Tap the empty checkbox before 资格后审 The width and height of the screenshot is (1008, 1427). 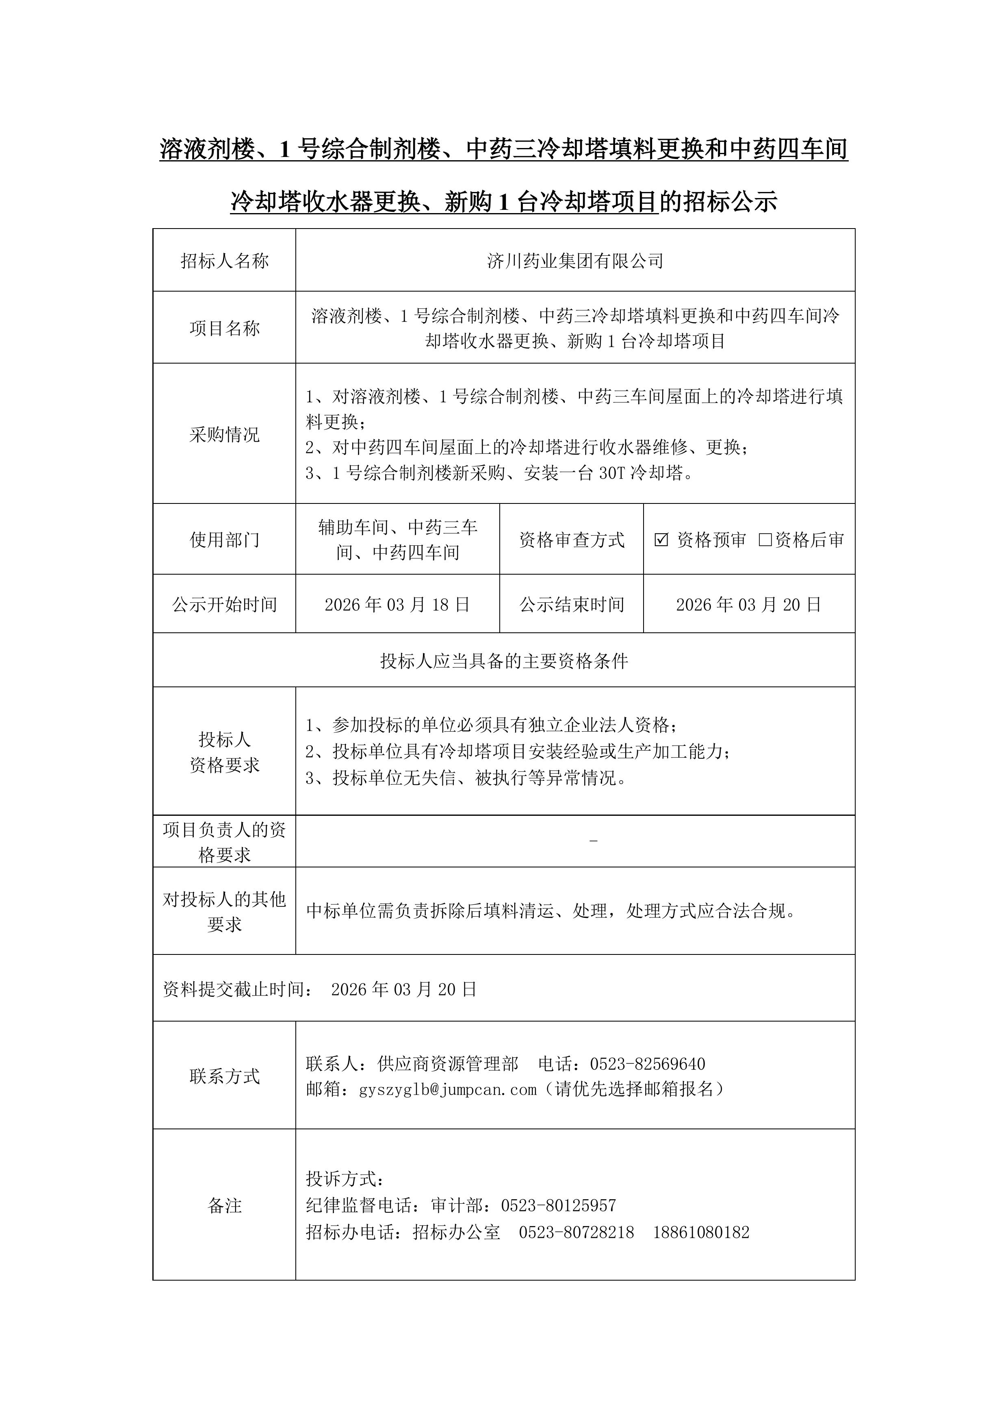tap(765, 540)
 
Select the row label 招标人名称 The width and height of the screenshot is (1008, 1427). tap(224, 261)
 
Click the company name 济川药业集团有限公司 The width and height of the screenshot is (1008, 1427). tap(575, 261)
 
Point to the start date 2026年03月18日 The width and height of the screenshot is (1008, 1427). tap(397, 605)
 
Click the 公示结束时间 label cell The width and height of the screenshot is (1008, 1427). tap(571, 605)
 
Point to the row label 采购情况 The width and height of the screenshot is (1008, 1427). tap(224, 434)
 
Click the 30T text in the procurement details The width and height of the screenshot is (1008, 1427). tap(611, 474)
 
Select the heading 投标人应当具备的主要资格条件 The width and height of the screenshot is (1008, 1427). tap(504, 661)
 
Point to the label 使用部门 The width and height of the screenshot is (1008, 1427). tap(224, 540)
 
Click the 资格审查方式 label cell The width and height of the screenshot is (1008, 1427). tap(571, 540)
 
